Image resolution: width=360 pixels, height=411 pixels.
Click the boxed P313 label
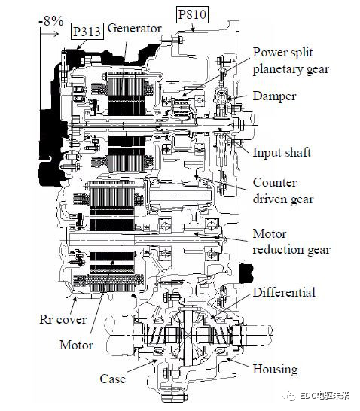point(87,32)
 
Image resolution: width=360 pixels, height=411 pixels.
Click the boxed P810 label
point(193,14)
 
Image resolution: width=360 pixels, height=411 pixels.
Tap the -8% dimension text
point(51,21)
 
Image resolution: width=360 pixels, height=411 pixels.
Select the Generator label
point(134,29)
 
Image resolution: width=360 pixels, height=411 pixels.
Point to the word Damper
point(274,96)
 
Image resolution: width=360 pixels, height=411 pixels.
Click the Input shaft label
point(282,152)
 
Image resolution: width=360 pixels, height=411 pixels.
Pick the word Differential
point(284,292)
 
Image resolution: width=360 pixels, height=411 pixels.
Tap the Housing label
point(275,369)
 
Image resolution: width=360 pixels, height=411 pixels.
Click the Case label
point(112,379)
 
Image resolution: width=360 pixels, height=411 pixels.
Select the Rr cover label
point(63,319)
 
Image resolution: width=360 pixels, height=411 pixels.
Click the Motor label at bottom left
point(76,345)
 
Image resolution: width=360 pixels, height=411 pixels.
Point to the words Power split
point(282,53)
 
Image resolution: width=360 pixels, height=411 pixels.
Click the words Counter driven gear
point(283,191)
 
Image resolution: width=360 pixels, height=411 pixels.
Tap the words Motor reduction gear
point(291,242)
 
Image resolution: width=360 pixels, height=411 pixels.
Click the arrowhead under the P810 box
point(193,29)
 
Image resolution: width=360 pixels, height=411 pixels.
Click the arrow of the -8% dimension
point(49,34)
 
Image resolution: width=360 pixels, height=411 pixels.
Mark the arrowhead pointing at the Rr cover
point(75,299)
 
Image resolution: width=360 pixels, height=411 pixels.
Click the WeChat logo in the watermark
point(289,395)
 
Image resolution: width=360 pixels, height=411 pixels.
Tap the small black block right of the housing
point(246,273)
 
